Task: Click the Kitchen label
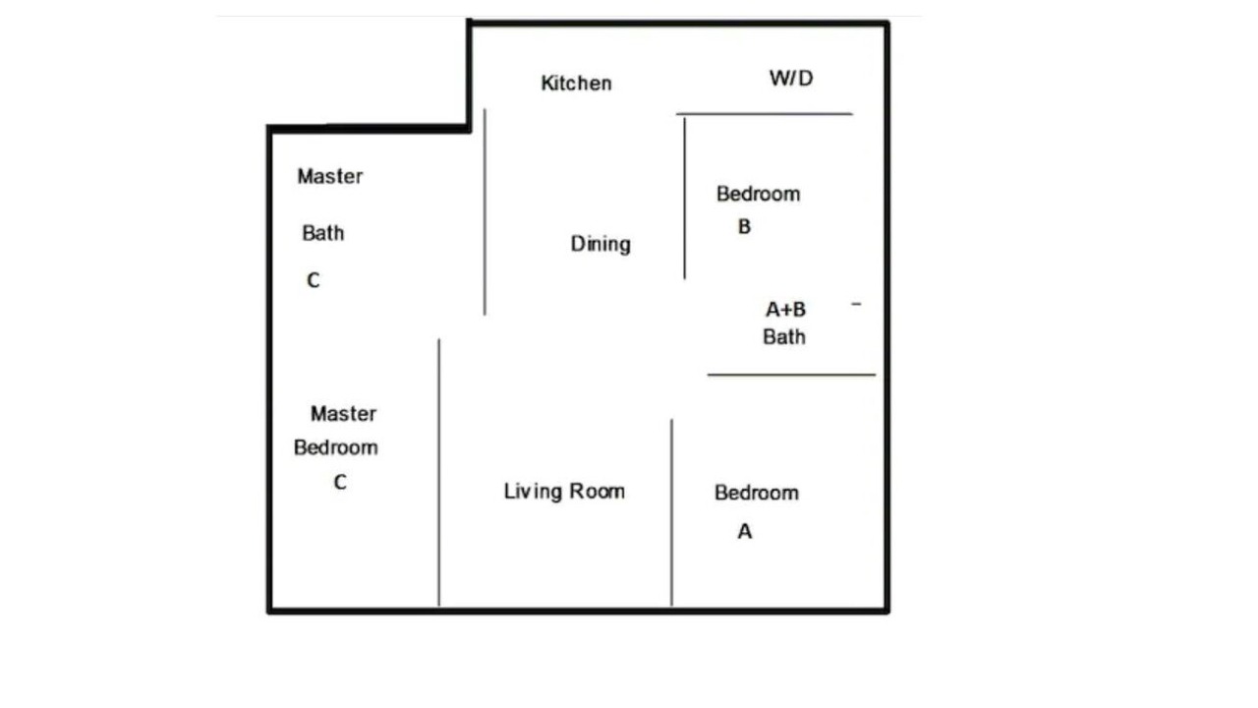click(x=576, y=84)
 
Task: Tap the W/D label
click(x=791, y=78)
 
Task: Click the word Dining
click(x=600, y=245)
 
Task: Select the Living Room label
click(x=564, y=492)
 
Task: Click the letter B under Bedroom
click(x=744, y=226)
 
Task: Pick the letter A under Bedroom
click(x=745, y=531)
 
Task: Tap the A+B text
click(x=785, y=310)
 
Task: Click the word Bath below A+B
click(x=784, y=337)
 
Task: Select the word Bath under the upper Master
click(x=323, y=233)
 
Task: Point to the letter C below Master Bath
click(x=314, y=280)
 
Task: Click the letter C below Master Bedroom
click(x=340, y=482)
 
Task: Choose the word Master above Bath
click(x=330, y=176)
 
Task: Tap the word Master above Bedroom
click(x=343, y=414)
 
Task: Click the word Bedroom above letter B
click(x=758, y=194)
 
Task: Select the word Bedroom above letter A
click(x=757, y=493)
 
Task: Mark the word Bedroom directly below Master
click(x=336, y=447)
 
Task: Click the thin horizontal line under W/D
click(x=765, y=114)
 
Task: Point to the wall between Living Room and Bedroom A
click(x=671, y=512)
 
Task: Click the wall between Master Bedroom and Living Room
click(x=439, y=473)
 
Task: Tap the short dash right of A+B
click(x=856, y=304)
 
